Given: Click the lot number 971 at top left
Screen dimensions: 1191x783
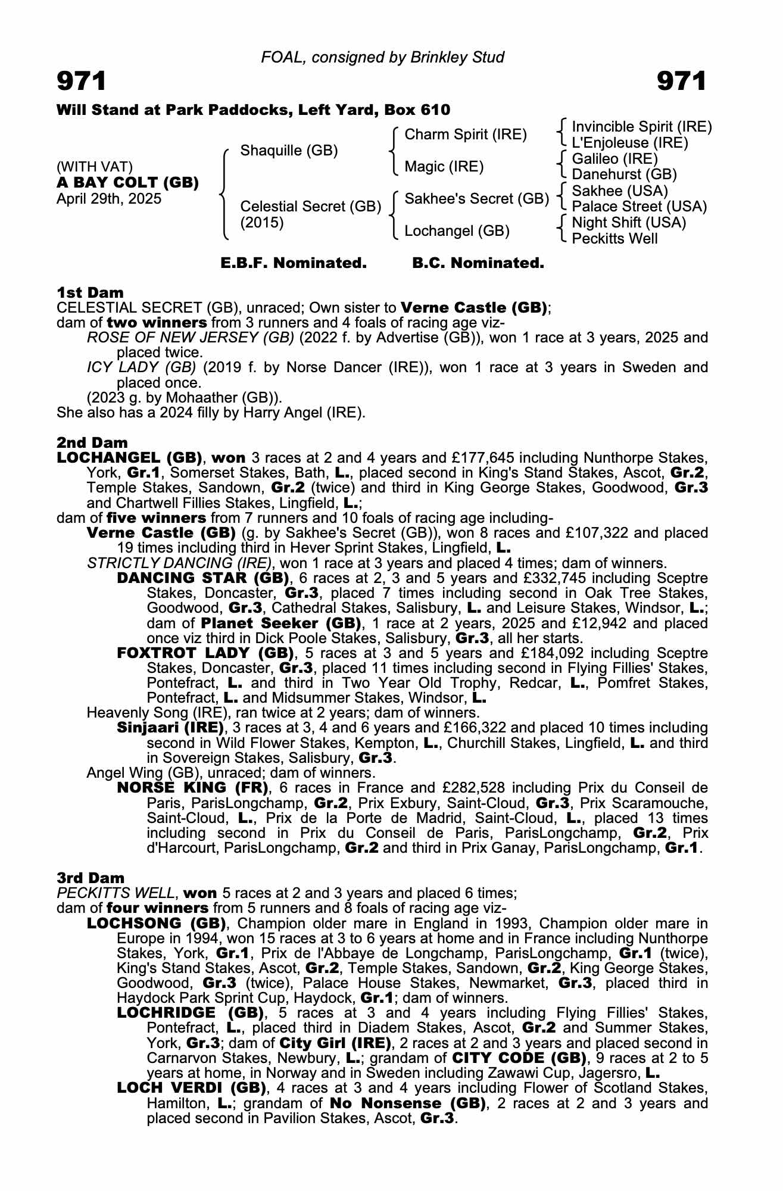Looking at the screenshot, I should tap(82, 82).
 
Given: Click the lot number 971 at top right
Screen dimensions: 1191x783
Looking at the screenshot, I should tap(682, 82).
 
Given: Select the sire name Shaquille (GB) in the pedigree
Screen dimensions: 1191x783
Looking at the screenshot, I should tap(289, 151).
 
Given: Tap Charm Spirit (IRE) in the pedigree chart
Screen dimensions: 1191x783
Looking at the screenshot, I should tap(466, 135).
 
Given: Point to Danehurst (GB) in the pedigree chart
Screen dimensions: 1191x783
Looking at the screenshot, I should tap(624, 174).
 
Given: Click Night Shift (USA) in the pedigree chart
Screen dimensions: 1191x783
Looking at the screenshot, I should tap(629, 223).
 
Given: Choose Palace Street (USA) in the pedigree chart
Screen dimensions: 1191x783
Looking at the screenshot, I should tap(639, 207).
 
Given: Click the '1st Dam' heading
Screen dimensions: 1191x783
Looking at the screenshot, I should tap(90, 292).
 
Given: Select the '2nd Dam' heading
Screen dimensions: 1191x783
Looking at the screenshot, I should tap(92, 442).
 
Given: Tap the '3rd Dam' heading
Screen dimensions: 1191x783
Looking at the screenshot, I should tap(91, 878).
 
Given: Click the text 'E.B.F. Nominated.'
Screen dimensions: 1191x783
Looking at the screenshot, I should tap(294, 263).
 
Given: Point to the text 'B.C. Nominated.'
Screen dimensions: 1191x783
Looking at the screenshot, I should tap(478, 263).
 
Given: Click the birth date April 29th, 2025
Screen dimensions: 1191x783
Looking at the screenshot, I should tap(109, 199).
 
